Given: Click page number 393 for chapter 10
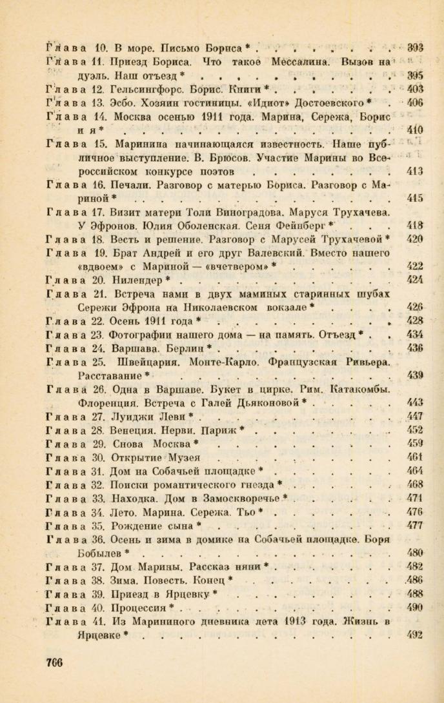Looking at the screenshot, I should (x=416, y=48).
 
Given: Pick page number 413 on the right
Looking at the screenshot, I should (x=416, y=171).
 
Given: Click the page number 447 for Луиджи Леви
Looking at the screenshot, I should (x=416, y=416).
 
